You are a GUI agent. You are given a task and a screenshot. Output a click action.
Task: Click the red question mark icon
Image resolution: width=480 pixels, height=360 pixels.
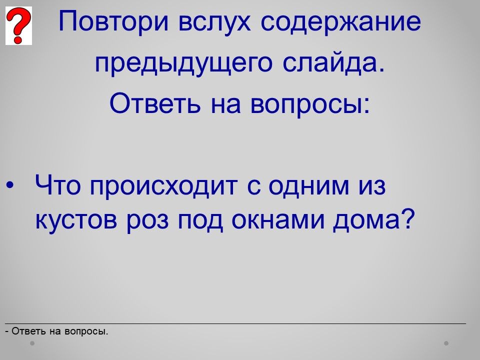click(x=18, y=25)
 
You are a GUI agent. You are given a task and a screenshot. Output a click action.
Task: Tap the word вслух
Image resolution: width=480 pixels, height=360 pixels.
click(x=214, y=22)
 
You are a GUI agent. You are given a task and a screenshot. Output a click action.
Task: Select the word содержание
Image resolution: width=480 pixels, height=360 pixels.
click(x=341, y=22)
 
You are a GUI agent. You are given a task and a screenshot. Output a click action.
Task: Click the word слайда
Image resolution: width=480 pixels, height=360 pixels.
click(x=333, y=63)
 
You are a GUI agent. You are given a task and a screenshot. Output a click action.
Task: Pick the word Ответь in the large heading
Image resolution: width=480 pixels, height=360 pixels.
click(x=155, y=102)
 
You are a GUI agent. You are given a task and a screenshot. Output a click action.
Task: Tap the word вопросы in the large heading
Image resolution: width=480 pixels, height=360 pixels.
click(x=310, y=104)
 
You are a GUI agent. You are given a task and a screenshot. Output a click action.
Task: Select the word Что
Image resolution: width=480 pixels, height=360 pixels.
click(x=58, y=185)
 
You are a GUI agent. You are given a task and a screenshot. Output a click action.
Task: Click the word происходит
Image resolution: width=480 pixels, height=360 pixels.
click(x=163, y=186)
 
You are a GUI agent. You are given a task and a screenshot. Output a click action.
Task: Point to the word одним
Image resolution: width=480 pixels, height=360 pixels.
click(x=308, y=186)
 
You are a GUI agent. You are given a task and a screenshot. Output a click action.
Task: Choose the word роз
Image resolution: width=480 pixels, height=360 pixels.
click(x=147, y=221)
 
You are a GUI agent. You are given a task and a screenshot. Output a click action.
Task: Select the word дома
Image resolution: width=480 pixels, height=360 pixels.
click(x=373, y=219)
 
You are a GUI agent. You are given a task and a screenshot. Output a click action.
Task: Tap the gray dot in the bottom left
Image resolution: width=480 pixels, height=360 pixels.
click(x=32, y=343)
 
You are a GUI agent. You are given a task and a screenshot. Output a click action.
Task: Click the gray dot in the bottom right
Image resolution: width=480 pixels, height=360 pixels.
click(x=446, y=343)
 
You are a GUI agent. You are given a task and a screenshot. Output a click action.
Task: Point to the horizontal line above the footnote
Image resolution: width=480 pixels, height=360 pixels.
click(x=235, y=323)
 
